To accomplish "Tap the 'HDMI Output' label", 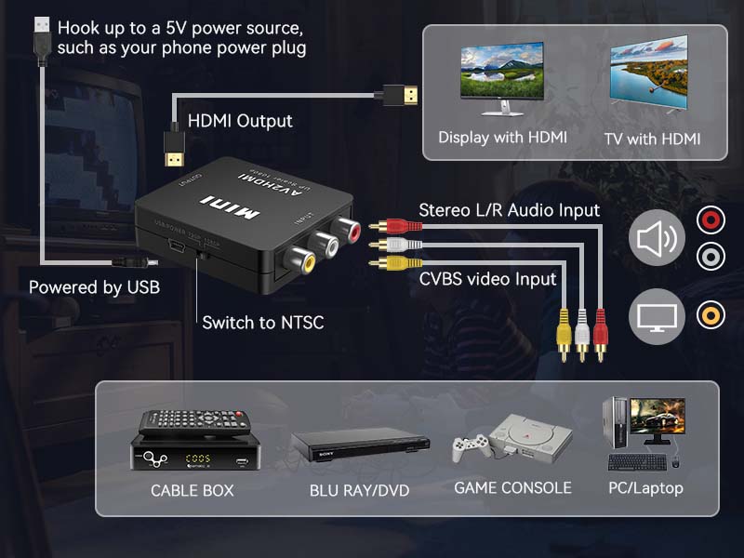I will (240, 121).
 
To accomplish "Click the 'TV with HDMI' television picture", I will (649, 78).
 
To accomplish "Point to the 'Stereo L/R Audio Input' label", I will (509, 210).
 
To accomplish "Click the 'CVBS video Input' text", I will (487, 278).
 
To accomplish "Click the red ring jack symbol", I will (710, 220).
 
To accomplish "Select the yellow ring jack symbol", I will (710, 315).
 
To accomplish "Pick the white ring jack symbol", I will (710, 255).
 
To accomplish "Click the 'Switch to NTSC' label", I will (263, 323).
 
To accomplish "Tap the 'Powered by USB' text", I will (94, 287).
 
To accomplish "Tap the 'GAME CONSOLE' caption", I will (512, 487).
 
